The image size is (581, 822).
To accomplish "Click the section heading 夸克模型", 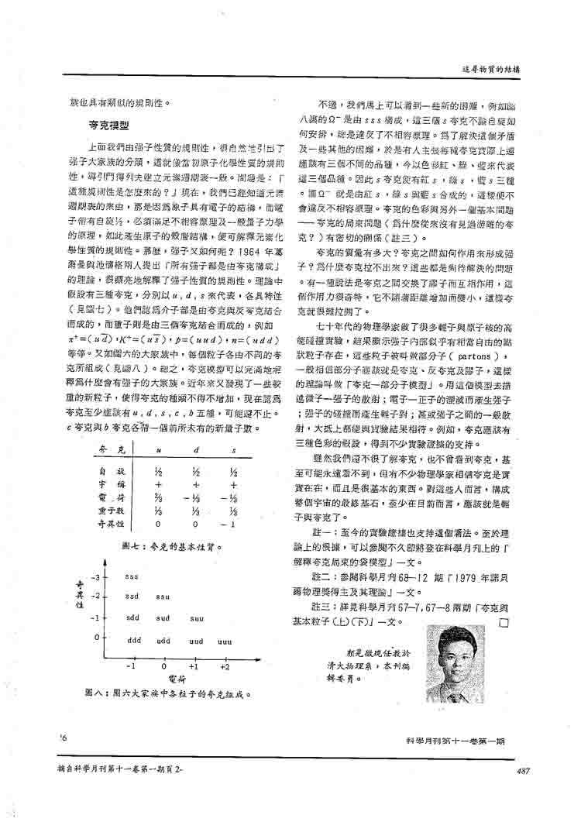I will click(x=108, y=124).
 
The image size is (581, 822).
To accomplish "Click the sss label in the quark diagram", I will click(x=132, y=577).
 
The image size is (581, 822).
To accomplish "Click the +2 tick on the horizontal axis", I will click(x=225, y=666).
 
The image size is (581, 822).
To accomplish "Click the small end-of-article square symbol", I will click(x=504, y=621).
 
